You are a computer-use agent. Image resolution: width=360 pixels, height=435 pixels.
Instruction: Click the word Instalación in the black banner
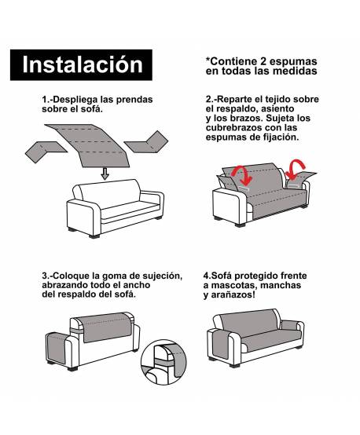pos(83,65)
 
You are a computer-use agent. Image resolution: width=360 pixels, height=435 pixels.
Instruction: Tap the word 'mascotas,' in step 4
pos(241,285)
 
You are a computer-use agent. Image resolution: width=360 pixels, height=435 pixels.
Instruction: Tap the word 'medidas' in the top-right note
pos(294,71)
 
